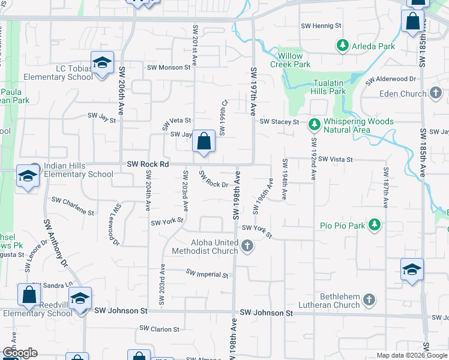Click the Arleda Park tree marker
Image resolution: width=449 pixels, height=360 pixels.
coord(343,46)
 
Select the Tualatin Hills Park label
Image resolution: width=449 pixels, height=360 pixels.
coord(328,87)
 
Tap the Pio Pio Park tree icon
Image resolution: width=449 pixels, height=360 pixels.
coord(375,226)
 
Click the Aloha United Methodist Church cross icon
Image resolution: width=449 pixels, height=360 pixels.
coord(247,245)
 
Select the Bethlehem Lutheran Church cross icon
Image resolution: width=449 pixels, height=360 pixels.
coord(369,299)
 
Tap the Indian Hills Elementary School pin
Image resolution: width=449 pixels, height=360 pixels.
coord(28,175)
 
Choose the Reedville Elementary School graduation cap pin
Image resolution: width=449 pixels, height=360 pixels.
coord(80,299)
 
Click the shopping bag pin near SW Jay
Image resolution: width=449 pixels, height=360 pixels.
coord(204,142)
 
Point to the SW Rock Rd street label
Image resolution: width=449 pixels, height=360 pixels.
coord(148,164)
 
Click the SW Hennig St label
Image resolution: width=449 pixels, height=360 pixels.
coord(322,26)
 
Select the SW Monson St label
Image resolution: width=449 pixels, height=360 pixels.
coord(169,67)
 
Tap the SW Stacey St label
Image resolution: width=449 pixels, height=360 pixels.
coord(279,122)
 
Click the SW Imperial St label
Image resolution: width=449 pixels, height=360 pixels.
coord(207,274)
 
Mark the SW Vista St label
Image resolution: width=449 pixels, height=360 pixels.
coord(336,160)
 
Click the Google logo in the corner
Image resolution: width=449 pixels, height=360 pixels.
coord(20,353)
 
